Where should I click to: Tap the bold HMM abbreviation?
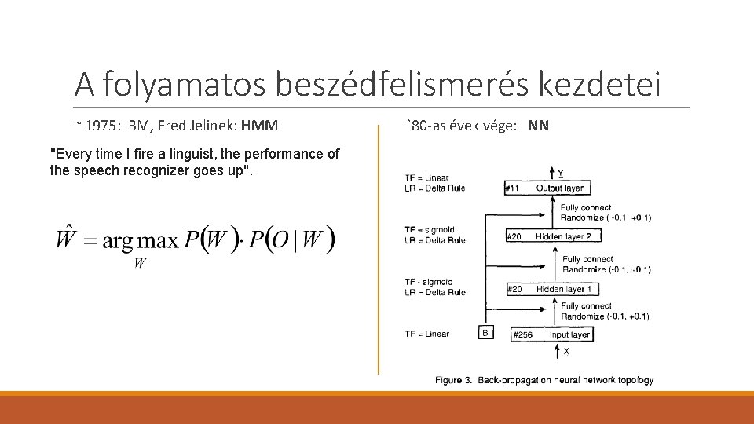[x=260, y=126]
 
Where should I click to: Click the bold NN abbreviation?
[x=538, y=126]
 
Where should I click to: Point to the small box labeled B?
[x=485, y=333]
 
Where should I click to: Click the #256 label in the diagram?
[x=522, y=334]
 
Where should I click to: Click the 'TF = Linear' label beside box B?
[x=426, y=334]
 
